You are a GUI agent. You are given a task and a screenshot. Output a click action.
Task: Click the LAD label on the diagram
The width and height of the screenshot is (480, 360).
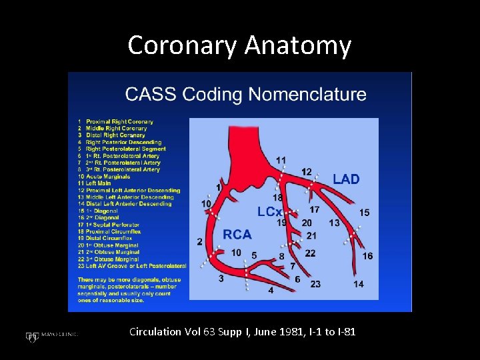click(x=346, y=179)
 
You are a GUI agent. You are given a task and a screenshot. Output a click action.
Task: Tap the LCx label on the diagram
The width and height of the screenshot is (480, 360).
click(x=270, y=211)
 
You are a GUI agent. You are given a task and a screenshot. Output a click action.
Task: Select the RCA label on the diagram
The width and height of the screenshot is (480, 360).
click(x=237, y=235)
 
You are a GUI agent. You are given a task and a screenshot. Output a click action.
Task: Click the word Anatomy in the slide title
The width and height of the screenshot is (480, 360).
click(x=297, y=45)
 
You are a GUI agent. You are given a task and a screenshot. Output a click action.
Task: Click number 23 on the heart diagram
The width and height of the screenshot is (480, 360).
click(x=315, y=284)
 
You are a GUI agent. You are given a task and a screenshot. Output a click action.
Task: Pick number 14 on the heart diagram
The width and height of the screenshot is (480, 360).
click(x=359, y=284)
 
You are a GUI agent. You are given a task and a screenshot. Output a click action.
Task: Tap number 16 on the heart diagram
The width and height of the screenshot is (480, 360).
click(x=367, y=256)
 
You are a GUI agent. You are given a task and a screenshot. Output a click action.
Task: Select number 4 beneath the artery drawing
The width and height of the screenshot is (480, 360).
click(x=271, y=291)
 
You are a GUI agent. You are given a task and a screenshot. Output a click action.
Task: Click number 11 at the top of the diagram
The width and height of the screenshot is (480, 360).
click(x=281, y=160)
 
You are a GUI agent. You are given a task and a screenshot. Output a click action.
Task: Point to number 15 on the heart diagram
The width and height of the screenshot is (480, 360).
click(x=364, y=213)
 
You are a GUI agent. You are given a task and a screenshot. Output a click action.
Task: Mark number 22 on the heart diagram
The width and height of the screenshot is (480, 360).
click(x=311, y=253)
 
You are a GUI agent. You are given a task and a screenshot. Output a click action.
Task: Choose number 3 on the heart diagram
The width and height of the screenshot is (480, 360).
click(x=221, y=278)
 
